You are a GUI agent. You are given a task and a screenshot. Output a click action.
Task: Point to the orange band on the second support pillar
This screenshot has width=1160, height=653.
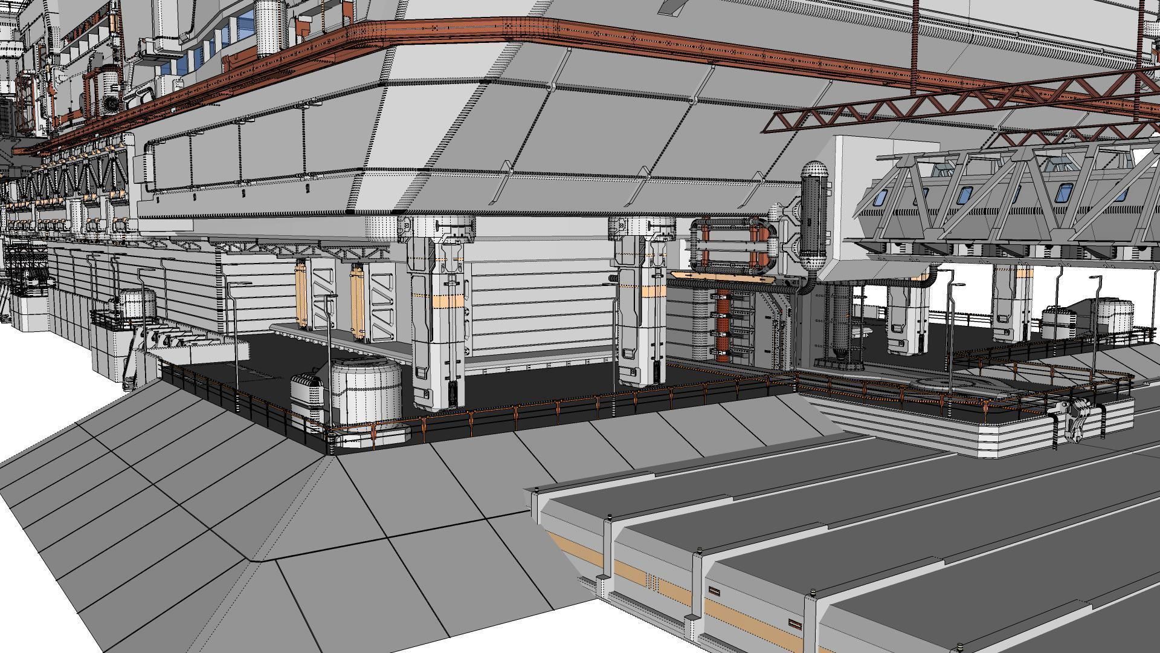pos(642,293)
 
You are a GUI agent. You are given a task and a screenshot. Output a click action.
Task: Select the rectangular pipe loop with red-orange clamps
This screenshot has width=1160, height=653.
pos(732,246)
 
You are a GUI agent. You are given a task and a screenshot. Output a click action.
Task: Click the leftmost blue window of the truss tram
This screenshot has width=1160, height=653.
pos(880,197)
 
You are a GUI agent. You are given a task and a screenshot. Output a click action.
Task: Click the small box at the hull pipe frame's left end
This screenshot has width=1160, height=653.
pos(139,163)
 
